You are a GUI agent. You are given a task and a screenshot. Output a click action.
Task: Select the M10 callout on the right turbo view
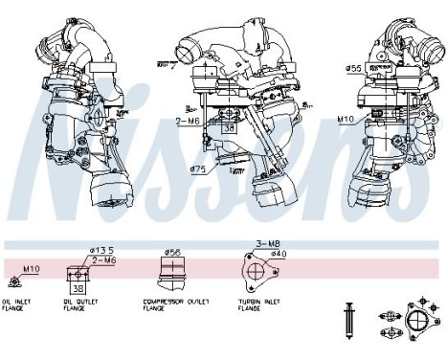[346, 120]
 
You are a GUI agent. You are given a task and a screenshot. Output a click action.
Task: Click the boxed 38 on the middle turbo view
[227, 125]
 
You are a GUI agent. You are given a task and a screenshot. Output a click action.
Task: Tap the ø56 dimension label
[173, 253]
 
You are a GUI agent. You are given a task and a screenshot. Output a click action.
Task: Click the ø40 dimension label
[279, 254]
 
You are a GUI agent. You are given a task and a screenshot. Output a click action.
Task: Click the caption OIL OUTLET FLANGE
[81, 307]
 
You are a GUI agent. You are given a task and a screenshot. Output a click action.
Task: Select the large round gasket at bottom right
[418, 322]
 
